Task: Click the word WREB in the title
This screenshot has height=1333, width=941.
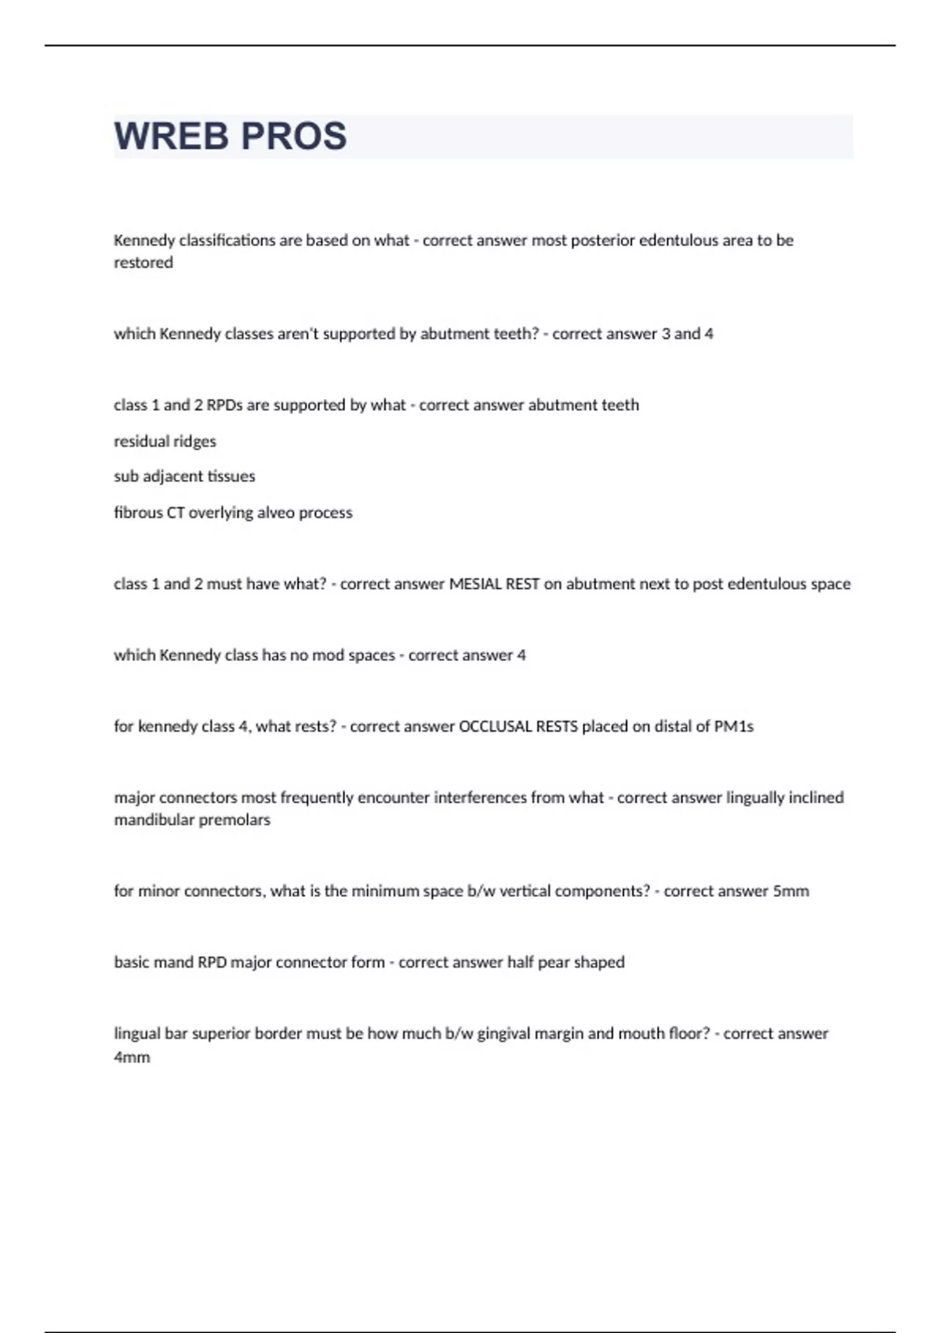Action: (173, 136)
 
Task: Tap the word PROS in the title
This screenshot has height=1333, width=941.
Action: (294, 136)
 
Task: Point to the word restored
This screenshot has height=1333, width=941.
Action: (144, 263)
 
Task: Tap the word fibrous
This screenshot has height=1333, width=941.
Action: (138, 513)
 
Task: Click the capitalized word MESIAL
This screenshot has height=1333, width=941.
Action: (478, 584)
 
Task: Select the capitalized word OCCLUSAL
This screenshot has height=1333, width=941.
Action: (495, 727)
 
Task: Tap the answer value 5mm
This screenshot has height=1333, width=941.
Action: (790, 892)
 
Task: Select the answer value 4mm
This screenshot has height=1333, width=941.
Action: (132, 1057)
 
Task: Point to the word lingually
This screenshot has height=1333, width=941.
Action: (759, 797)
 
